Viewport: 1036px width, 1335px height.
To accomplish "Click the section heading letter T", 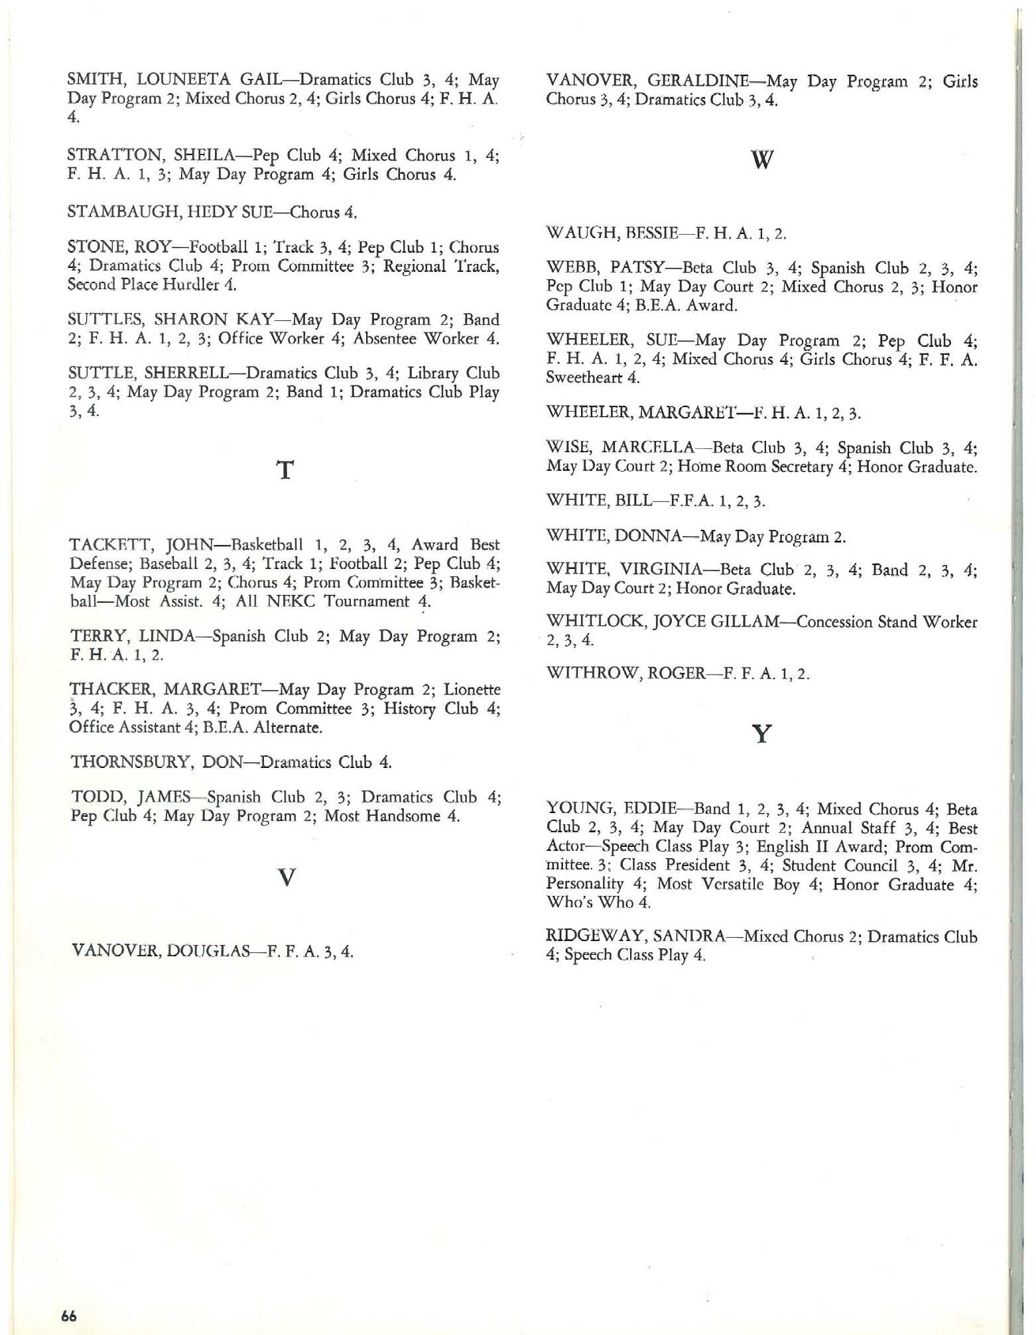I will pos(285,470).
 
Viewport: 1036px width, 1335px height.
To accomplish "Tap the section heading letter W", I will pos(762,160).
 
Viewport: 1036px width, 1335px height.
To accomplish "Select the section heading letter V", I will pos(286,878).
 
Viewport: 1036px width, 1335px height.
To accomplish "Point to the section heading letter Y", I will pos(762,734).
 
